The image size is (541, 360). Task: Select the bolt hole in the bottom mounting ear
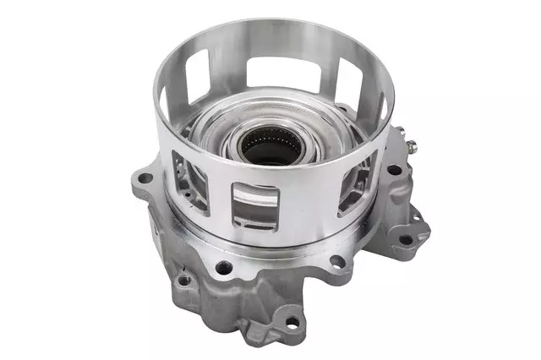pyautogui.click(x=293, y=322)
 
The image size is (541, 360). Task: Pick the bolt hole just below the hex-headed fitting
pyautogui.click(x=394, y=169)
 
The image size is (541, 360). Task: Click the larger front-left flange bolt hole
pyautogui.click(x=223, y=267)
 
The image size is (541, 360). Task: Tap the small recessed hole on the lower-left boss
pyautogui.click(x=183, y=280)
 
